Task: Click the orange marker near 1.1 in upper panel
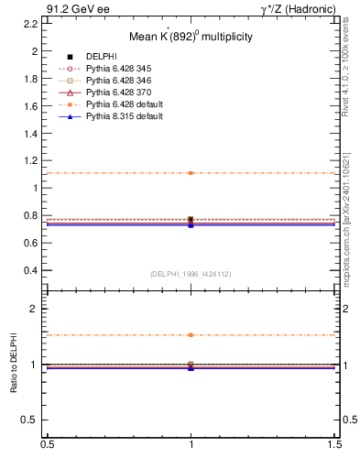(191, 173)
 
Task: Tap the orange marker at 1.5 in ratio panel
(191, 335)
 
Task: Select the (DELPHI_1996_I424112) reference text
(191, 274)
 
